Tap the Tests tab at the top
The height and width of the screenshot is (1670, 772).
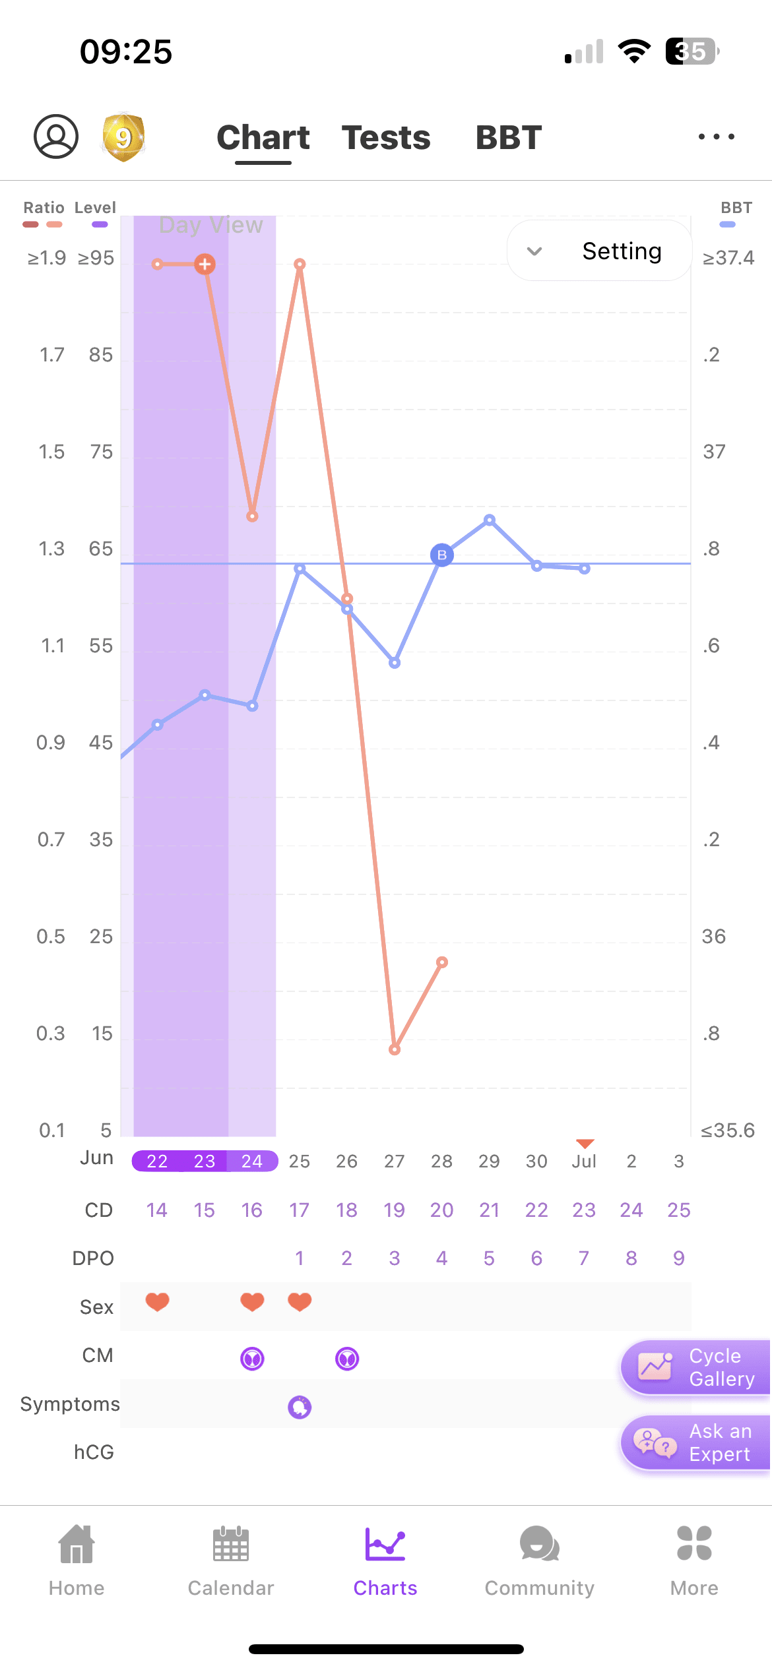point(386,138)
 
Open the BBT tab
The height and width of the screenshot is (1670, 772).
point(509,138)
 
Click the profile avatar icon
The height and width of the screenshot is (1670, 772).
point(56,137)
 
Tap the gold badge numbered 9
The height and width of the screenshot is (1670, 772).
point(123,137)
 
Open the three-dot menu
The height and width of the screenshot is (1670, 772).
point(717,137)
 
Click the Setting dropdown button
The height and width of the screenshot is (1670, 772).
point(599,251)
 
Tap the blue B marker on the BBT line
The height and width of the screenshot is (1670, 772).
point(442,555)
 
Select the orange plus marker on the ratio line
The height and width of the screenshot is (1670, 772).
point(205,264)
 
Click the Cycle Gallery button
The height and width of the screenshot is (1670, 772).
point(696,1368)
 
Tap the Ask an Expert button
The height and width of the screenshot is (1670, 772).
point(696,1443)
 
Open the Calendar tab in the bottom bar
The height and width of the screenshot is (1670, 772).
point(231,1560)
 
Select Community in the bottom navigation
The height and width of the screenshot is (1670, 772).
point(540,1560)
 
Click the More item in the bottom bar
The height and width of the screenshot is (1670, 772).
point(694,1560)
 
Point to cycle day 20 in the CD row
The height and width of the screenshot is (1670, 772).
point(442,1210)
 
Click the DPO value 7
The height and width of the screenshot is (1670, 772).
point(584,1258)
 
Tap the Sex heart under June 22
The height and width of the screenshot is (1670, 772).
point(158,1302)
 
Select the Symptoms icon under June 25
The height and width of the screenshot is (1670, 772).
point(300,1407)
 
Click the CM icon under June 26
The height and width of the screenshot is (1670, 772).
point(347,1359)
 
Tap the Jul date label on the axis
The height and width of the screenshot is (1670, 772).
point(584,1161)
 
